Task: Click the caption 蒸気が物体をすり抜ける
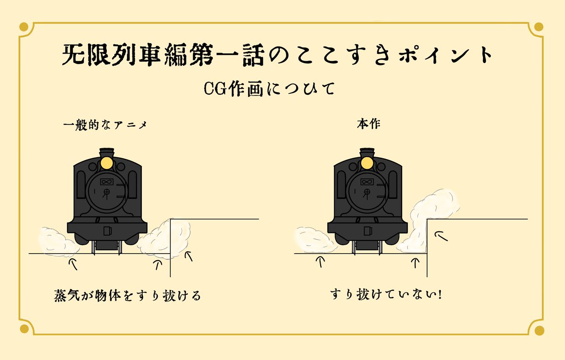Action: (128, 296)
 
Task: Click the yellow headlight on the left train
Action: (107, 163)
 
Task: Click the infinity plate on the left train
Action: (105, 182)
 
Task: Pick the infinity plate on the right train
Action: (365, 182)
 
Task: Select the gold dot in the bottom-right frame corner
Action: (540, 330)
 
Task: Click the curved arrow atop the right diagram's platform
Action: (439, 235)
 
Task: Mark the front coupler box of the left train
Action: (107, 231)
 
